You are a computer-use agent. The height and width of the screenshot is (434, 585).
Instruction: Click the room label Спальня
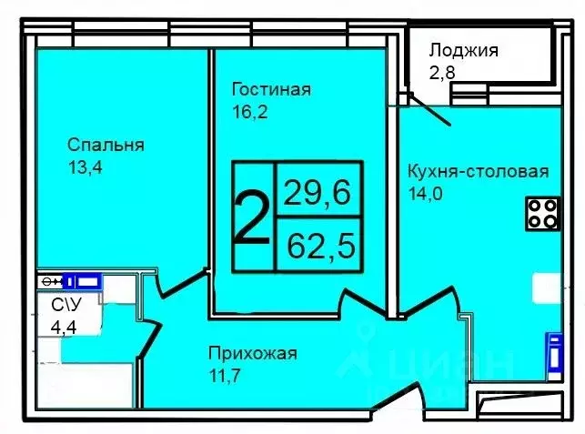click(x=106, y=144)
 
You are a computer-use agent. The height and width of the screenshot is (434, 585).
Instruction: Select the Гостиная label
click(x=271, y=89)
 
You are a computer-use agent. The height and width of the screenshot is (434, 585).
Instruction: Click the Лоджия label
click(x=463, y=50)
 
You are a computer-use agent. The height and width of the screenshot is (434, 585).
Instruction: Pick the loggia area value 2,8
click(x=441, y=72)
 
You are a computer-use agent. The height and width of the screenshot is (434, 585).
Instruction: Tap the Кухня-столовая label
click(x=478, y=171)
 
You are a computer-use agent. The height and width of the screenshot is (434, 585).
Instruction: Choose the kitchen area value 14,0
click(x=425, y=192)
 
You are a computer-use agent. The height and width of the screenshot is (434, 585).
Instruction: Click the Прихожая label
click(x=252, y=353)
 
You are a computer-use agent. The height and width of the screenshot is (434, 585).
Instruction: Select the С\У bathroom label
click(x=63, y=306)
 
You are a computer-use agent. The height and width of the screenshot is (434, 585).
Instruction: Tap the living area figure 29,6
click(x=318, y=192)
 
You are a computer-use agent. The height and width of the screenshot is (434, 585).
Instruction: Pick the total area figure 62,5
click(x=318, y=244)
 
